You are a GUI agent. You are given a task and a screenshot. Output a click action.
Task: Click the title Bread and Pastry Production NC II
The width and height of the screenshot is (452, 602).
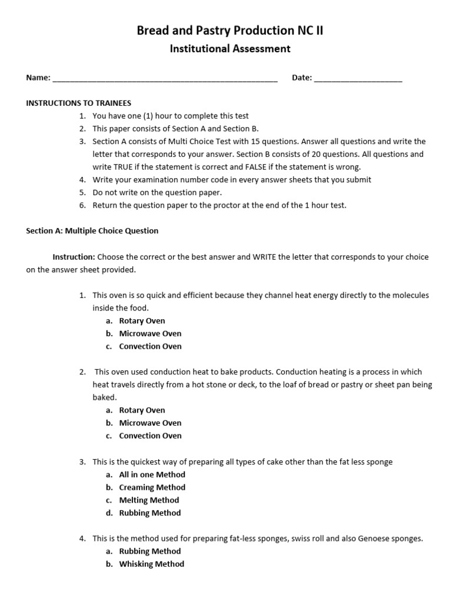click(x=230, y=31)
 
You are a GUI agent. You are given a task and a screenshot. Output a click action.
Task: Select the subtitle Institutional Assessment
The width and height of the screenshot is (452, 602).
click(x=230, y=49)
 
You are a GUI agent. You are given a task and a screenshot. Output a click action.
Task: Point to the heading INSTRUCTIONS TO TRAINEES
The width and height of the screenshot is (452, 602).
click(x=79, y=103)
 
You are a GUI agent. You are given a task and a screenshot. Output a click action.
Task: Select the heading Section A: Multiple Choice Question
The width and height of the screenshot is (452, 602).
click(x=92, y=231)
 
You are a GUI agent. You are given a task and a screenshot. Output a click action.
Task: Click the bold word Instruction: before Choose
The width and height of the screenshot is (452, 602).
click(x=74, y=257)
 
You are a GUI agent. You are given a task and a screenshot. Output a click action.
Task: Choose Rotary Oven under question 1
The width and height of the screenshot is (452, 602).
click(x=142, y=321)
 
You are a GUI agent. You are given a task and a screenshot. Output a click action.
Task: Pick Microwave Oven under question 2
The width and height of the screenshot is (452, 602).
click(x=150, y=423)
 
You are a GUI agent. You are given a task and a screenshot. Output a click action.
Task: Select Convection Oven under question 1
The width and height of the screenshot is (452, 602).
click(x=150, y=346)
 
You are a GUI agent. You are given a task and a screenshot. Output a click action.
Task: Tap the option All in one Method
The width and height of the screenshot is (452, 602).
click(x=152, y=474)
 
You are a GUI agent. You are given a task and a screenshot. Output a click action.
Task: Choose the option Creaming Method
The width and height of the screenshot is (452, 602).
click(x=152, y=487)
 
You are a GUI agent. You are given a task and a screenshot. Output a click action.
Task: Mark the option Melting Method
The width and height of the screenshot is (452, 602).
click(x=149, y=500)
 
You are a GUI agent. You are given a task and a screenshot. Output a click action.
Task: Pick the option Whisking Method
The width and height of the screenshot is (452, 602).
click(x=151, y=564)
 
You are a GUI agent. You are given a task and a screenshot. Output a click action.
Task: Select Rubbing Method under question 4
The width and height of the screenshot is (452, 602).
click(x=150, y=551)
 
